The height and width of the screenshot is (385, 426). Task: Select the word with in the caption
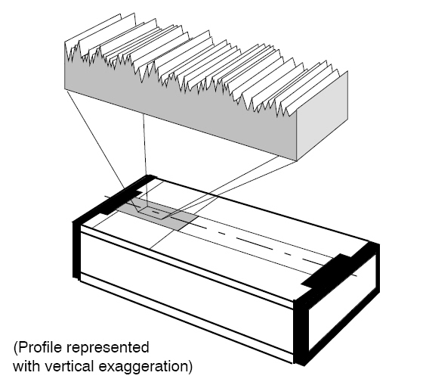(27, 366)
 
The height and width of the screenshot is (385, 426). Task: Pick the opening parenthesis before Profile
(16, 348)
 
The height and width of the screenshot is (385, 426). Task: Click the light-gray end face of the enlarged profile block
(323, 116)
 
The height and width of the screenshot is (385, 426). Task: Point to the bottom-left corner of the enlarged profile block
(65, 88)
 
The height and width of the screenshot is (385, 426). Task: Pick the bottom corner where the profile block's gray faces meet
(297, 161)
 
